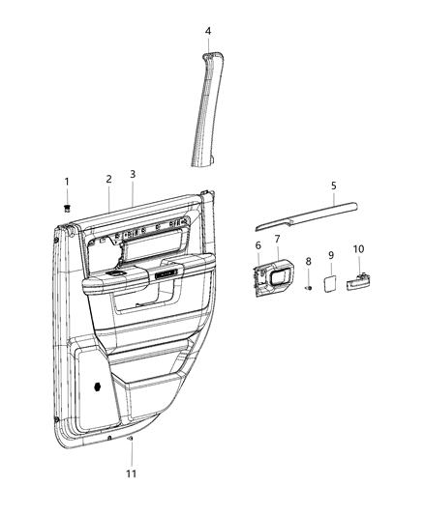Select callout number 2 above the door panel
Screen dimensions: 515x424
click(x=108, y=178)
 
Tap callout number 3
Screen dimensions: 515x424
click(x=133, y=174)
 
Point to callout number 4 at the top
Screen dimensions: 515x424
click(x=207, y=31)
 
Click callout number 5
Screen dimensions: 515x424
click(x=333, y=186)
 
